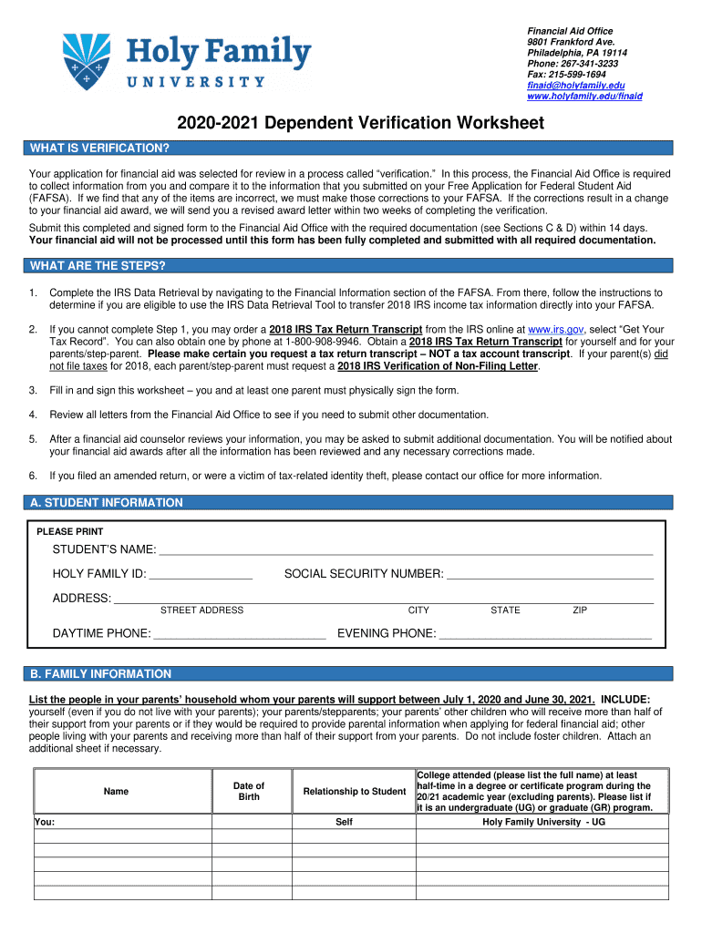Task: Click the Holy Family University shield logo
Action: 91,60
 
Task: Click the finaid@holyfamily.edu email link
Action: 575,85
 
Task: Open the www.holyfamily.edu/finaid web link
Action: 584,96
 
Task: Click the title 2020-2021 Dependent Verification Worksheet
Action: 349,123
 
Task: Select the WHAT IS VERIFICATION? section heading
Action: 99,148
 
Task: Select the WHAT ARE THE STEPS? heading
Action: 98,266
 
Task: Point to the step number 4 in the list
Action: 33,415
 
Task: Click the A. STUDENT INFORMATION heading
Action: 106,503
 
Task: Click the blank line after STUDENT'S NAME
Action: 406,550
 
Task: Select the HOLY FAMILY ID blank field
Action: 201,574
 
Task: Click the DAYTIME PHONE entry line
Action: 240,634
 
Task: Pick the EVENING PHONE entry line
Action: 545,634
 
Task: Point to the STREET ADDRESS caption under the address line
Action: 201,610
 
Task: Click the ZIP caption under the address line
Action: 580,610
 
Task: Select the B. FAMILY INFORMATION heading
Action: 100,674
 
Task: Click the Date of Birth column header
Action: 249,791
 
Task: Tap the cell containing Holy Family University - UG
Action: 542,822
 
